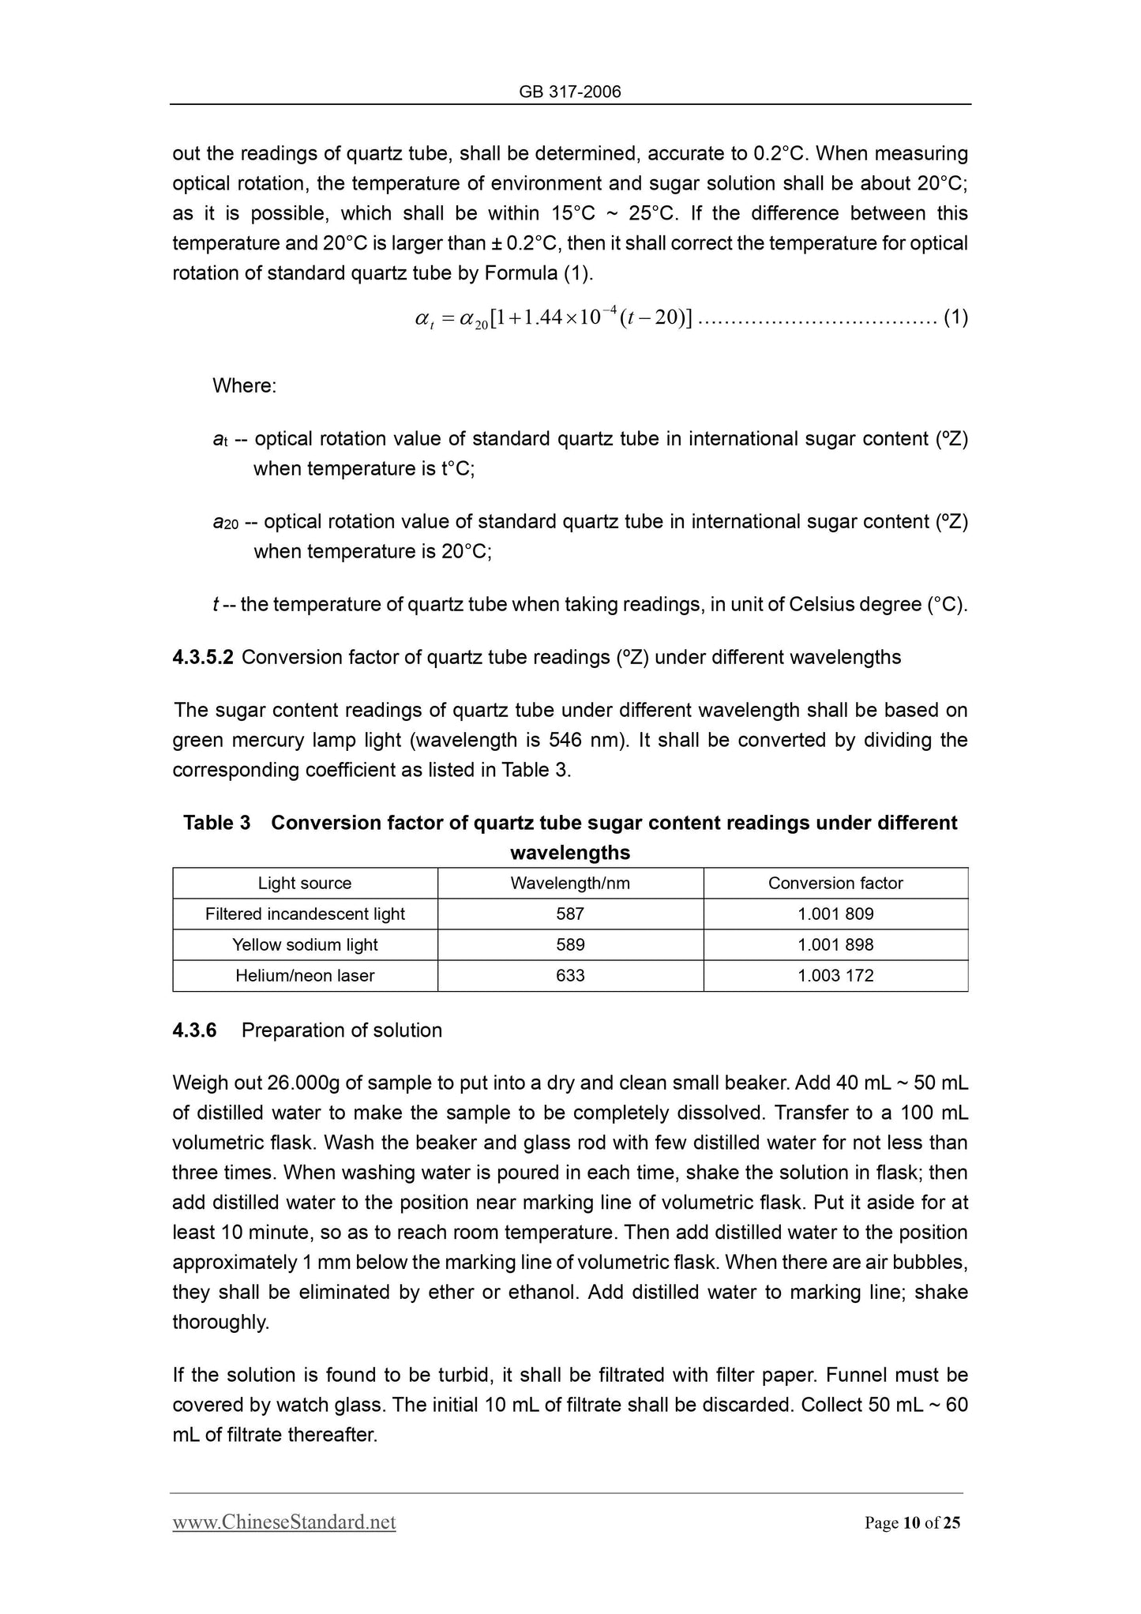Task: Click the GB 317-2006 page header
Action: pyautogui.click(x=570, y=92)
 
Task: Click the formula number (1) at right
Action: pyautogui.click(x=955, y=318)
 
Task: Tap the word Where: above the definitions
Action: pyautogui.click(x=245, y=386)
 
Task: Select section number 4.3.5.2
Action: pyautogui.click(x=203, y=658)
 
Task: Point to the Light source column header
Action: pyautogui.click(x=305, y=884)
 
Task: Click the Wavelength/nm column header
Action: pyautogui.click(x=570, y=884)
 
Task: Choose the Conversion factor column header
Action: pyautogui.click(x=835, y=884)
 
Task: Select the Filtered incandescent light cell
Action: pyautogui.click(x=305, y=914)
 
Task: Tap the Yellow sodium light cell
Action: pyautogui.click(x=305, y=945)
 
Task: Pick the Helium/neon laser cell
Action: pyautogui.click(x=305, y=976)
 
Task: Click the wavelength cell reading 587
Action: pyautogui.click(x=570, y=914)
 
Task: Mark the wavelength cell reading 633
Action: pyautogui.click(x=570, y=976)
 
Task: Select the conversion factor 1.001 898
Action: pyautogui.click(x=835, y=945)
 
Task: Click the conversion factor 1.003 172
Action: pyautogui.click(x=835, y=976)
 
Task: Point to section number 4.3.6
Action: pyautogui.click(x=194, y=1030)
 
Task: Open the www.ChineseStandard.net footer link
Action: pyautogui.click(x=284, y=1522)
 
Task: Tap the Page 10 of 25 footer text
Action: pyautogui.click(x=912, y=1523)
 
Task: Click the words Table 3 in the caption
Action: pyautogui.click(x=217, y=823)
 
